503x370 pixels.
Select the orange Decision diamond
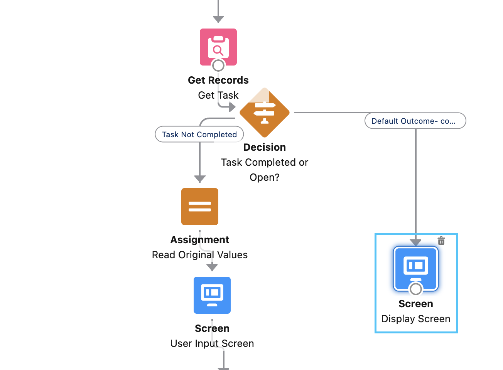265,113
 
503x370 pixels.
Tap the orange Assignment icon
200,207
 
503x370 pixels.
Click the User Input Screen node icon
212,295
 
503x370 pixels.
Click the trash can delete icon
441,241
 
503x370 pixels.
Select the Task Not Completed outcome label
199,135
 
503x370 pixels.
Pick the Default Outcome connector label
415,121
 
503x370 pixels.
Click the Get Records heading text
218,80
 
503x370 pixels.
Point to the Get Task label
218,95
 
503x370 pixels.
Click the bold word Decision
265,147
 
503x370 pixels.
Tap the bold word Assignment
200,240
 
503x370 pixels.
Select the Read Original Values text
200,255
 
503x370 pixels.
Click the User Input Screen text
212,343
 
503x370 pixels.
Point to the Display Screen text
416,319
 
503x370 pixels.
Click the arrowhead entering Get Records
218,19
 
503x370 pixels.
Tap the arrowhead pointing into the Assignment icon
200,179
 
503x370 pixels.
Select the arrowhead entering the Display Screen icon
416,242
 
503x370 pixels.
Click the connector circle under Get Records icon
218,65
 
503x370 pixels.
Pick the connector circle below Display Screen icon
416,289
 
